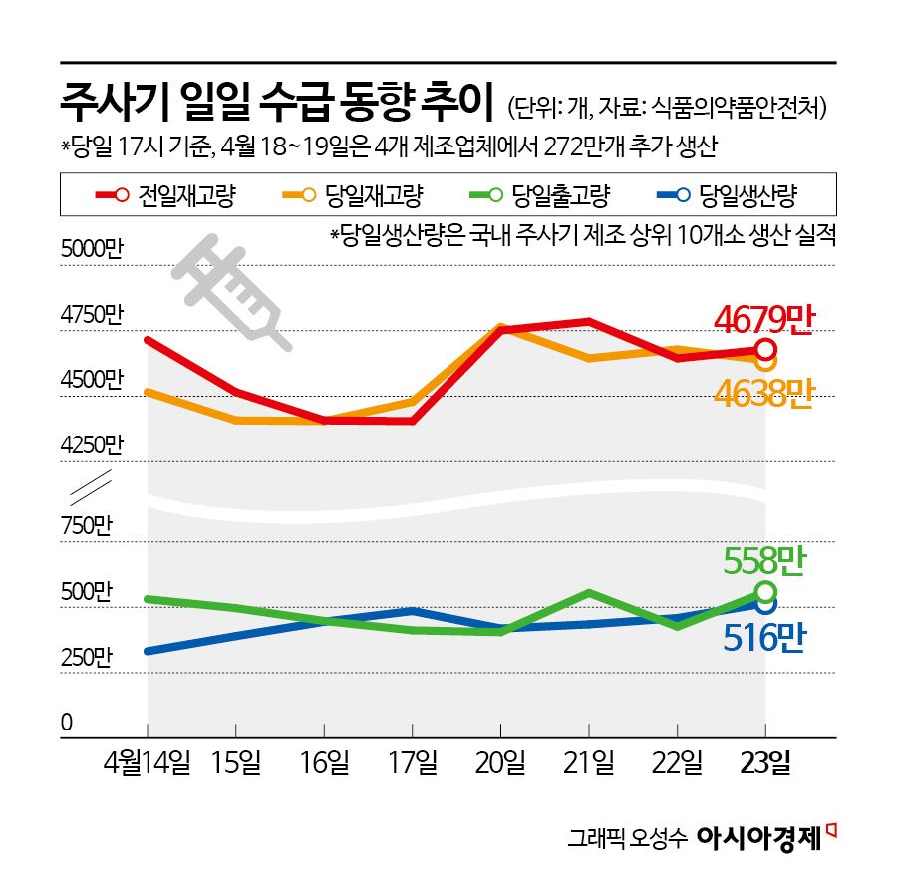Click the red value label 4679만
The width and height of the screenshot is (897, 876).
point(764,319)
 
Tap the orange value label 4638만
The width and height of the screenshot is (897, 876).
point(764,392)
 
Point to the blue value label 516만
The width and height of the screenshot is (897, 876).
point(764,636)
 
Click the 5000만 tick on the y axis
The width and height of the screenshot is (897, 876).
point(91,250)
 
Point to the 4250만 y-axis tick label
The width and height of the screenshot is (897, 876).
point(91,443)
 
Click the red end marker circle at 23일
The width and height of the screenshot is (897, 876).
point(764,350)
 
